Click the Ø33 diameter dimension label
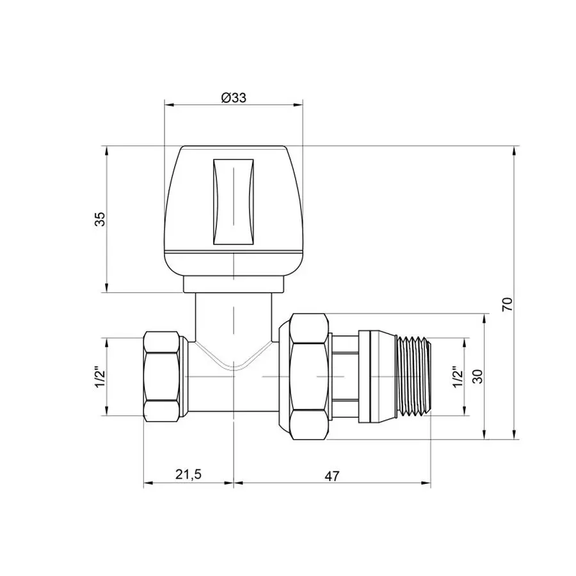coord(234,97)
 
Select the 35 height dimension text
coord(99,220)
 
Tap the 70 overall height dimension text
coord(508,303)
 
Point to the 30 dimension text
coord(477,376)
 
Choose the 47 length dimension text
coord(332,476)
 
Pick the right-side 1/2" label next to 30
coord(457,376)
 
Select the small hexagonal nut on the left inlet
coord(161,376)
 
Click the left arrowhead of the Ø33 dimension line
coord(168,104)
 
